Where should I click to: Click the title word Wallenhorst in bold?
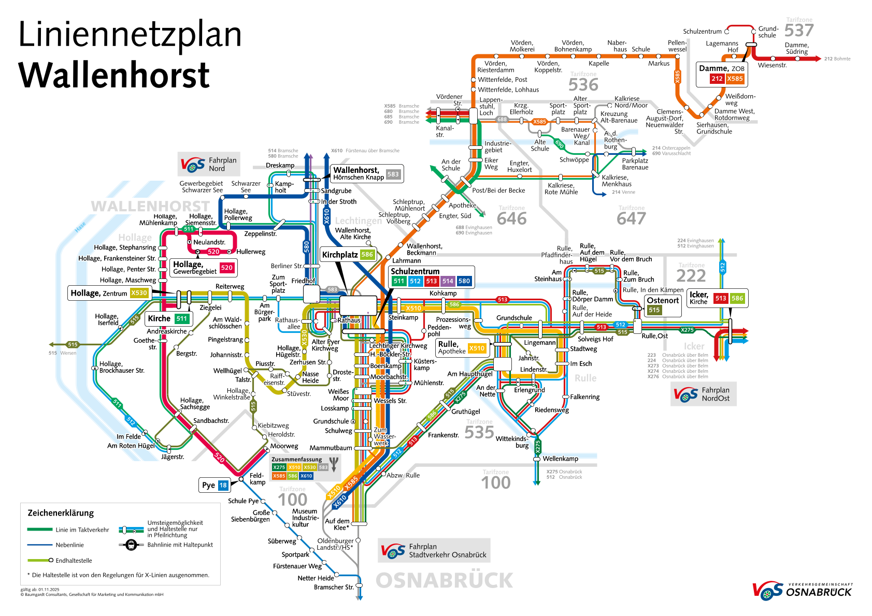114,75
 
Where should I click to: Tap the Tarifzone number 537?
799,31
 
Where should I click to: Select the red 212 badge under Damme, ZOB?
717,79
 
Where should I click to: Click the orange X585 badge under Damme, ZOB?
735,79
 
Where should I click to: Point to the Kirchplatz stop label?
340,255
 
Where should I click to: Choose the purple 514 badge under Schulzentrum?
448,281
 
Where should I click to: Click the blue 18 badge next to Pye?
223,485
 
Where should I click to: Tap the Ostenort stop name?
663,301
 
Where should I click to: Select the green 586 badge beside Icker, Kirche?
737,298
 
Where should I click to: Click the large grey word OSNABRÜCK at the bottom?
444,581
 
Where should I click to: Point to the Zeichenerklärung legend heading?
61,513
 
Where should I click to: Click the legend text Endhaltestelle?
74,561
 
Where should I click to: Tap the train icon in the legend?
131,545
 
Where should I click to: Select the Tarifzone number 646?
511,219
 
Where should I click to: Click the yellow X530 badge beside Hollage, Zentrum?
139,293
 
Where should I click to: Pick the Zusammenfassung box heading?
296,459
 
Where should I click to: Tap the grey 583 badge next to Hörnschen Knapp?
393,174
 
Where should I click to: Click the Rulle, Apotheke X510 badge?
477,348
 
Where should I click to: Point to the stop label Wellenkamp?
560,459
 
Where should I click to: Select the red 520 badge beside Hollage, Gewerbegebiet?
226,268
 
